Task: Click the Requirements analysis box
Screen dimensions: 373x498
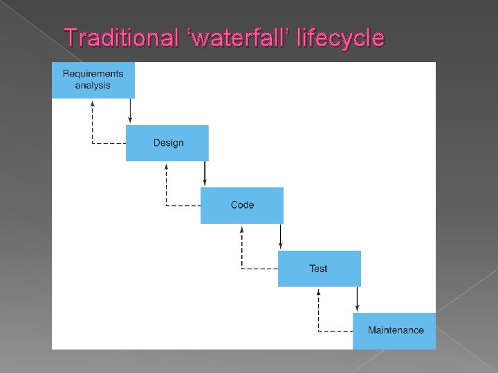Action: [x=93, y=80]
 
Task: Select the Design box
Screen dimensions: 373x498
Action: [x=167, y=143]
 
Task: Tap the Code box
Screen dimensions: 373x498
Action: [x=241, y=205]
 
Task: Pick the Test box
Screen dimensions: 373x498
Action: [x=319, y=269]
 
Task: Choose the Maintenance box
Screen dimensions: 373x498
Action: [x=394, y=331]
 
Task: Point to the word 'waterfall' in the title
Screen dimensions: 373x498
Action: [x=234, y=37]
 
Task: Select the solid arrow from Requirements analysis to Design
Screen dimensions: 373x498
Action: [x=130, y=111]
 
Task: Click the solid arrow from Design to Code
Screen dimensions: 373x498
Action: [x=205, y=173]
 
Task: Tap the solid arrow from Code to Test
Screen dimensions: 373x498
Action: [x=280, y=237]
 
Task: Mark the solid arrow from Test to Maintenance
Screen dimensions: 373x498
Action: [x=357, y=299]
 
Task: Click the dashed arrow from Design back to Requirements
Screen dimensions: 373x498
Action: [x=93, y=128]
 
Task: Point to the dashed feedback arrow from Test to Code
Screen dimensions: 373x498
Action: [x=241, y=252]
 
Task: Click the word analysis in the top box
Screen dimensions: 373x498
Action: [x=93, y=86]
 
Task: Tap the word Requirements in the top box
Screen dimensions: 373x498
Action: [x=93, y=74]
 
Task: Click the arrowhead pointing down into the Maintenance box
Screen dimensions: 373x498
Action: [x=357, y=309]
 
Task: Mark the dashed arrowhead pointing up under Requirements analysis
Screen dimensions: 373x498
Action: [x=93, y=102]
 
